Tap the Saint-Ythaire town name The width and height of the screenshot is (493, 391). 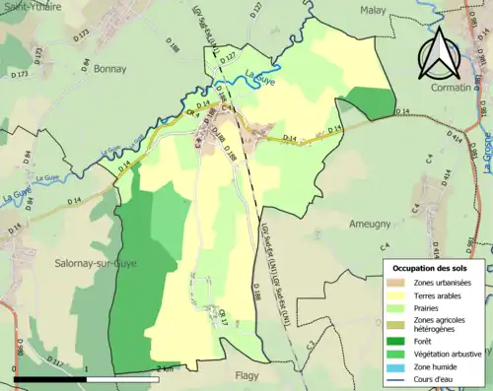click(33, 6)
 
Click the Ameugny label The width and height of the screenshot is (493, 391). click(370, 225)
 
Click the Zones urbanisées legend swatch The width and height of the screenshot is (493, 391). click(398, 283)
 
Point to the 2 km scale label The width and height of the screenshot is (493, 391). click(167, 367)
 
